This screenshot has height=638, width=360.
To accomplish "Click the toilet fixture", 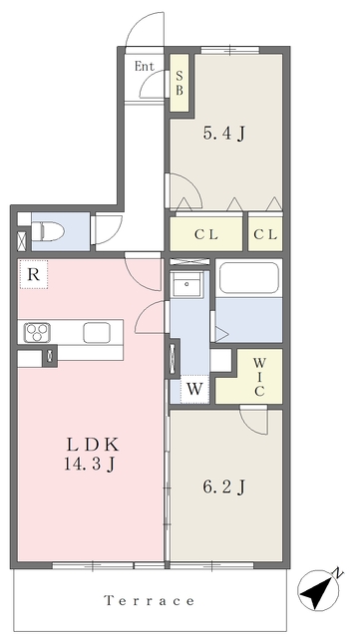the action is [x=48, y=231].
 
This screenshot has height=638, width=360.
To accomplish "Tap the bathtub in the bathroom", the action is [x=249, y=278].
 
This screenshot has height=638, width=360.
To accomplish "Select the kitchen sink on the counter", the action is [x=97, y=332].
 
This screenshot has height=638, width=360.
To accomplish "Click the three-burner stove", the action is [x=37, y=332].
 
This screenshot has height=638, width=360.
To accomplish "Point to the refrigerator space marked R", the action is [x=33, y=275].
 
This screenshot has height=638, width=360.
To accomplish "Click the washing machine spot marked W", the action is [x=194, y=390].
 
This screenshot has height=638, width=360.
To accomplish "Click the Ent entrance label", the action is [x=145, y=67].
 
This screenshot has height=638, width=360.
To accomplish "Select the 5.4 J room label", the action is [x=223, y=133].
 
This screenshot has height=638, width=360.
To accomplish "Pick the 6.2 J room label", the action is [x=223, y=486].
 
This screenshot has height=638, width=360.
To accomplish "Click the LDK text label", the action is [x=93, y=445].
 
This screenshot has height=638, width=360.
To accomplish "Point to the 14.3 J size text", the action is [x=89, y=464].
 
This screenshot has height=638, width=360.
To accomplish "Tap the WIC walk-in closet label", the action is [x=259, y=376].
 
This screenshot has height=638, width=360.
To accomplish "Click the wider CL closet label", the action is [x=206, y=235].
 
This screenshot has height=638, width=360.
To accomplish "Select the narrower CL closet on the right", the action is [x=265, y=235].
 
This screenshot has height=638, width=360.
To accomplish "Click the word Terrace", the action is [x=150, y=600].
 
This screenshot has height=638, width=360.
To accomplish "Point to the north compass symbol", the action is [x=319, y=589].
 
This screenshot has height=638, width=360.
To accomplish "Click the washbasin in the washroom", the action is [x=186, y=284].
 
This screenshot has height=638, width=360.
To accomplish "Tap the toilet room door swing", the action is [x=108, y=230].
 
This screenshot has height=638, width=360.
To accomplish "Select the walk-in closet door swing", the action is [x=253, y=420].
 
